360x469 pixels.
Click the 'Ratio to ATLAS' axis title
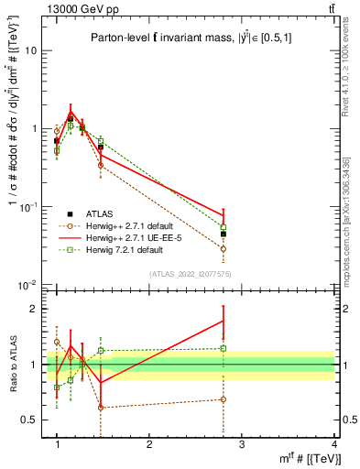pos(13,364)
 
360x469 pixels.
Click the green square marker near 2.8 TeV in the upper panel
pos(224,226)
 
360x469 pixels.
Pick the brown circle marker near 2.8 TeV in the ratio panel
pos(224,399)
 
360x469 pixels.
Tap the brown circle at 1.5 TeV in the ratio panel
pos(101,408)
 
